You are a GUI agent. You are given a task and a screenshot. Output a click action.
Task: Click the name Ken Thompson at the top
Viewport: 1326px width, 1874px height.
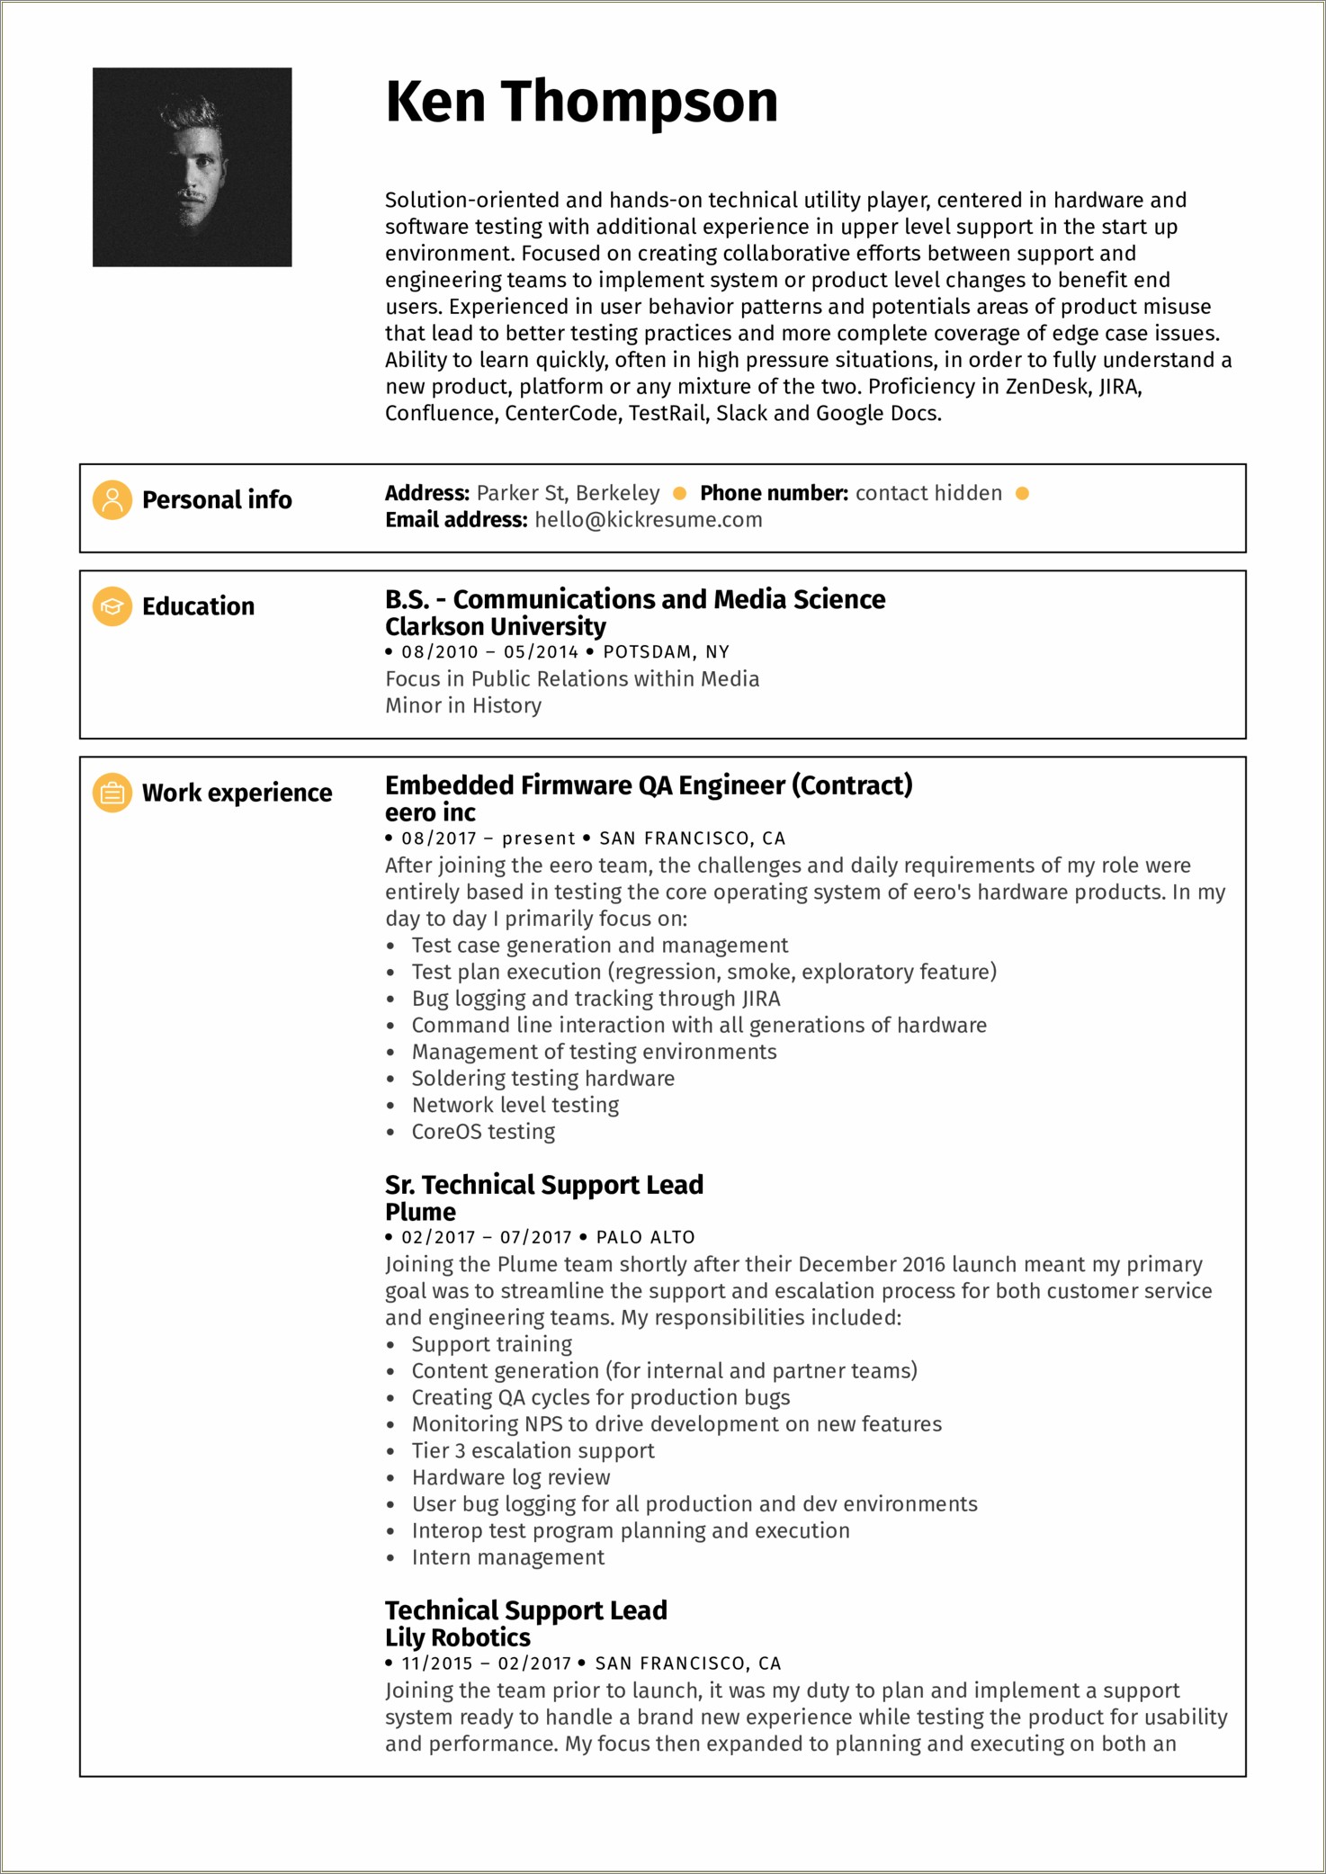[581, 102]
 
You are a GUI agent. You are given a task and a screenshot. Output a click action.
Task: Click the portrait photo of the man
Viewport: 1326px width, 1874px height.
[192, 167]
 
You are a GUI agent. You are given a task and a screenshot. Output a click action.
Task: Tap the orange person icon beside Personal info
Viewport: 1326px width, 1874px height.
[112, 500]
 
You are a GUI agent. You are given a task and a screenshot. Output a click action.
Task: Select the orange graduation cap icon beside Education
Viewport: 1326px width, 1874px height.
[112, 606]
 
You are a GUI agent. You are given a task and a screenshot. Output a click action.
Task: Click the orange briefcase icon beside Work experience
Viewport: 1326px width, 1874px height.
[112, 793]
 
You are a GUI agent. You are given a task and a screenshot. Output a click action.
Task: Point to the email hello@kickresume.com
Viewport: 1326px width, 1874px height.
[648, 520]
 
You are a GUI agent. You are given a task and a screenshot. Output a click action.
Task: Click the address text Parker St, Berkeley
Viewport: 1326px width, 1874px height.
[568, 493]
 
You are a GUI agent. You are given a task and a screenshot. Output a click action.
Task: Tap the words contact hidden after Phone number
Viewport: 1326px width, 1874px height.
[927, 493]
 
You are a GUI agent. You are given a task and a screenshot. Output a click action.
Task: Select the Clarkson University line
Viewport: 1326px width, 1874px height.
[495, 626]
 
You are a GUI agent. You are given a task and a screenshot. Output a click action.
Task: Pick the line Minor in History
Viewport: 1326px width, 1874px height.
[463, 705]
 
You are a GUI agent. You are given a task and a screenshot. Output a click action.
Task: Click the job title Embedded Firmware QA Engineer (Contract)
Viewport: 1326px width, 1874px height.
[649, 785]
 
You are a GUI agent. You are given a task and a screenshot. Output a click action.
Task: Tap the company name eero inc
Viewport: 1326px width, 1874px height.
[430, 812]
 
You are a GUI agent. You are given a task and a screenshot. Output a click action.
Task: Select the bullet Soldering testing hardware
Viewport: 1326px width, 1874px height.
[542, 1078]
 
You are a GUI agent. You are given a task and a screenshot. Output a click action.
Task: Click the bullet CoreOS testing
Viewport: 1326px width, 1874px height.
[483, 1131]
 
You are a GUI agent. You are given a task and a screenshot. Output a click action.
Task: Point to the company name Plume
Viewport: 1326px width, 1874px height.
[420, 1212]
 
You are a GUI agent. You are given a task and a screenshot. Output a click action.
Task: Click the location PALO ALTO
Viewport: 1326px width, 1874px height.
[645, 1237]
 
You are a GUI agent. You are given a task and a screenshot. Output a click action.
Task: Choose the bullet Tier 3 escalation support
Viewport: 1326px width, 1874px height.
[533, 1450]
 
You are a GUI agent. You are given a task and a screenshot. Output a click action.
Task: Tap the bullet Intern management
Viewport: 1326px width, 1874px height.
[507, 1556]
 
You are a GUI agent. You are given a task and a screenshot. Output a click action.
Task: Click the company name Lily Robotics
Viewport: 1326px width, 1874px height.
[457, 1637]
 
